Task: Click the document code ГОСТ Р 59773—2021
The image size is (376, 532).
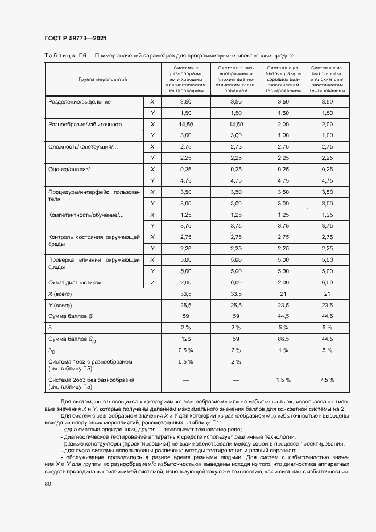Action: tap(75, 38)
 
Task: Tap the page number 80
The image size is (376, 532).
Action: tap(48, 484)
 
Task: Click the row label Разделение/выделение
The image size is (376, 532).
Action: tap(80, 102)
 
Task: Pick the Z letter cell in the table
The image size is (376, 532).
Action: tap(152, 282)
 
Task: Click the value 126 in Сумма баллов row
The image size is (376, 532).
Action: tap(185, 339)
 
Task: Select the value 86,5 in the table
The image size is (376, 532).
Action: tap(283, 339)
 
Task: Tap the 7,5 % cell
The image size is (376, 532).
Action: tap(327, 380)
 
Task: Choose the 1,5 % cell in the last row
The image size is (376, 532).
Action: tap(283, 380)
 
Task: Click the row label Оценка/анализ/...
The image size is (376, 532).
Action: tap(72, 170)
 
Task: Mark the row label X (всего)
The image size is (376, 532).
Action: tap(63, 294)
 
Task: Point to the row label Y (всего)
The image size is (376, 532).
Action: tap(63, 305)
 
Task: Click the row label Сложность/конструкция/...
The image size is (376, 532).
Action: tap(83, 147)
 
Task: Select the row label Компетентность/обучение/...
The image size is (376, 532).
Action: tap(86, 215)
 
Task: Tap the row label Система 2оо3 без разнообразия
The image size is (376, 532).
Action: tap(92, 379)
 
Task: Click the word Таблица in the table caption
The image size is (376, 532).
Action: tap(60, 56)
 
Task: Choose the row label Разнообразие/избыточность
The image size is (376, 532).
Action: tap(86, 124)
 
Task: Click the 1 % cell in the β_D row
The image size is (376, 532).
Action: tap(283, 349)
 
